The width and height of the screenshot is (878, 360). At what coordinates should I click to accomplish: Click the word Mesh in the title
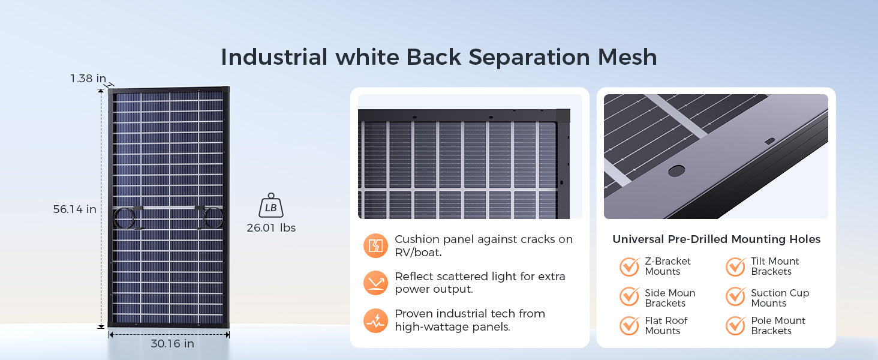tap(627, 57)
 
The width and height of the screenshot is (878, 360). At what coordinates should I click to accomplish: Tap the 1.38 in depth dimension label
tap(88, 79)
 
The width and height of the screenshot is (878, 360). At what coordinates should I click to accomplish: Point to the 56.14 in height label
tap(74, 209)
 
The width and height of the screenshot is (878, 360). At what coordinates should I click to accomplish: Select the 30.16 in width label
tap(173, 344)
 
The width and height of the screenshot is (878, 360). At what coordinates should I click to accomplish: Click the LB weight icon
tap(271, 205)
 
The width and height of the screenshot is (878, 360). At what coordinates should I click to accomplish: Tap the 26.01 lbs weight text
tap(271, 228)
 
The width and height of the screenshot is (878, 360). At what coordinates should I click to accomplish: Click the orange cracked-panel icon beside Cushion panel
tap(375, 245)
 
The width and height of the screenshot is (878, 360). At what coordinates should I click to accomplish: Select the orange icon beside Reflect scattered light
tap(375, 283)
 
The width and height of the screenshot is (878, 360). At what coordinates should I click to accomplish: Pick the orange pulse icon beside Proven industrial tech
tap(375, 320)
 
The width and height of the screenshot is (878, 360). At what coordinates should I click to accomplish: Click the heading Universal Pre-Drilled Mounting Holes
tap(717, 239)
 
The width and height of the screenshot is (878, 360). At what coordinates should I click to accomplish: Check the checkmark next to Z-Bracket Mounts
tap(630, 266)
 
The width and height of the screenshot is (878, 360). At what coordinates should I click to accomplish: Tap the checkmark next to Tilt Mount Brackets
tap(736, 266)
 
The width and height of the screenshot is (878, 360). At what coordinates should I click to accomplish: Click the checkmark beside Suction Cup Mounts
tap(736, 296)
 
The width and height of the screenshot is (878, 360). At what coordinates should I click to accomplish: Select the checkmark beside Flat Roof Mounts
tap(630, 325)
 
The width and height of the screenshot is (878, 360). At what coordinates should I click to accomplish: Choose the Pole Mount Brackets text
tap(778, 325)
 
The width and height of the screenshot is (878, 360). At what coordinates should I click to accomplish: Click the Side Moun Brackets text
tap(670, 298)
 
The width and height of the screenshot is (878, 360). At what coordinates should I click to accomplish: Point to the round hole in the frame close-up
tap(676, 170)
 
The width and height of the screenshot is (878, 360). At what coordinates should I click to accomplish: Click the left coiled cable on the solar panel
tap(124, 218)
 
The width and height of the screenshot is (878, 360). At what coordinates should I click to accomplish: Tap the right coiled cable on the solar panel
tap(214, 218)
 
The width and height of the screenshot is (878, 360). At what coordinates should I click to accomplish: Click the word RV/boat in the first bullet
tap(418, 253)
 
